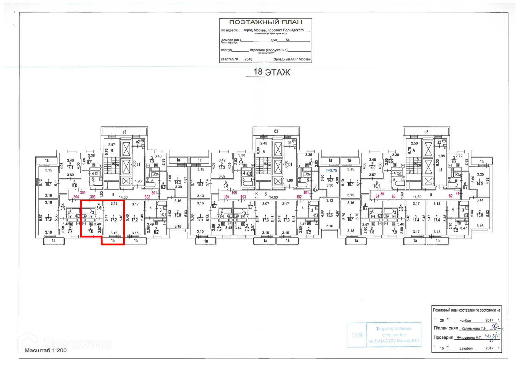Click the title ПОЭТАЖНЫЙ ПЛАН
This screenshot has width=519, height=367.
(x=265, y=22)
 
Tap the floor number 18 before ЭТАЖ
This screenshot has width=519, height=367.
(x=258, y=72)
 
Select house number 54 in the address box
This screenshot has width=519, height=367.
(x=287, y=40)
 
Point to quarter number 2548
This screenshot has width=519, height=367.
(x=248, y=59)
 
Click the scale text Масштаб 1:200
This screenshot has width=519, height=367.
(x=46, y=350)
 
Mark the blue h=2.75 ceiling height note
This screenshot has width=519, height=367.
(x=331, y=171)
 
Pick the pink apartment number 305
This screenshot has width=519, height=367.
(x=83, y=193)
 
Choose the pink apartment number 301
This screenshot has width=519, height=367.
(x=154, y=193)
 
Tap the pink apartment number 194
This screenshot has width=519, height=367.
(x=227, y=197)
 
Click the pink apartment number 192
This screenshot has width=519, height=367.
(x=299, y=197)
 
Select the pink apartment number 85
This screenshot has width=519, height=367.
(x=382, y=194)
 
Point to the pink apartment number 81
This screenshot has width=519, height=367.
(x=457, y=194)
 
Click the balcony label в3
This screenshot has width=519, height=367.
(x=124, y=132)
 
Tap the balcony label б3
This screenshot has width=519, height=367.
(x=276, y=132)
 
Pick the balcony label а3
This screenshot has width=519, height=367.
(x=426, y=132)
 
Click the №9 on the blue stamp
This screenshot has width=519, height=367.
(x=357, y=335)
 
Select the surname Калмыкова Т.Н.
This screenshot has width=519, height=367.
(x=474, y=328)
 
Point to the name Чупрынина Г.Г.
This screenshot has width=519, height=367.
(x=469, y=337)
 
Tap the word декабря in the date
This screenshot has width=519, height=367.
(x=466, y=348)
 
